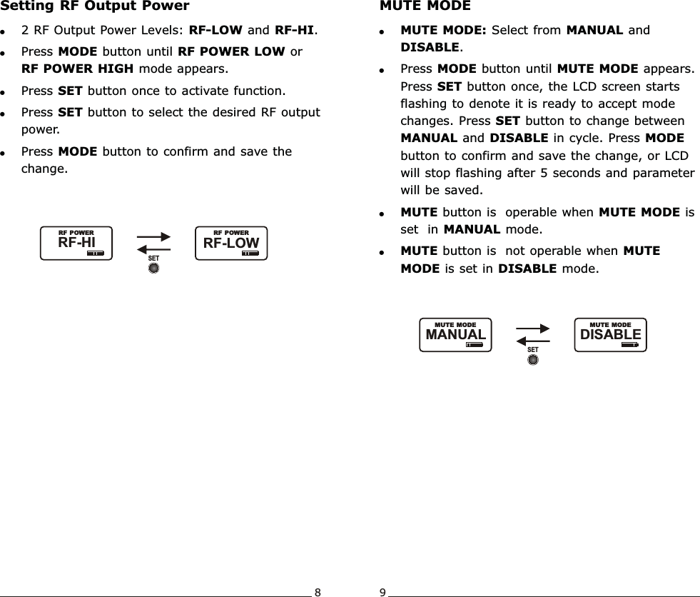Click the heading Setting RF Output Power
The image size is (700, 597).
click(95, 6)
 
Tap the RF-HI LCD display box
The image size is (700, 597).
click(76, 244)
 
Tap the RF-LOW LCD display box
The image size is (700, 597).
click(231, 244)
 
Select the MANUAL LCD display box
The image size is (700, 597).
click(456, 334)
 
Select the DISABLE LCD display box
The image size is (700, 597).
click(610, 334)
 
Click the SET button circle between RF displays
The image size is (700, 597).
click(153, 269)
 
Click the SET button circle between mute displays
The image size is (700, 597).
click(532, 360)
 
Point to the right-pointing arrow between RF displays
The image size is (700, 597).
click(153, 237)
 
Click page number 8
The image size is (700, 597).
click(318, 592)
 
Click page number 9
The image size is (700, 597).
click(382, 592)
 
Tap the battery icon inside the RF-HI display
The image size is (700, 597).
click(95, 253)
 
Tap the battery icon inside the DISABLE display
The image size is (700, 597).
click(629, 343)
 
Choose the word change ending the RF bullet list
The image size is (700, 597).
click(44, 169)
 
